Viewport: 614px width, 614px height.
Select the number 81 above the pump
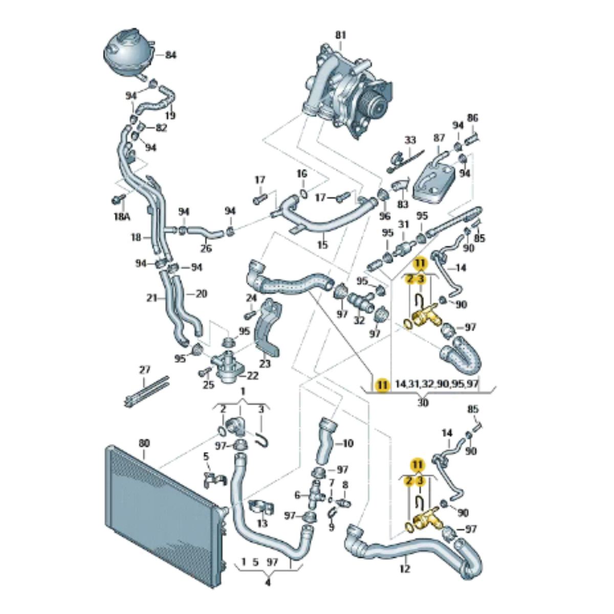coord(341,35)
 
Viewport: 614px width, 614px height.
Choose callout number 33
coord(411,140)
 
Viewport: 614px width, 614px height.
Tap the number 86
coord(473,118)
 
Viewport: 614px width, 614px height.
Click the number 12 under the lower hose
coord(405,568)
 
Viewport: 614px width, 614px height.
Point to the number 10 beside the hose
coord(347,443)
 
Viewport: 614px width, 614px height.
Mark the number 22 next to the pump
coord(253,376)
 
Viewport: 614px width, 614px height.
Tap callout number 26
coord(206,250)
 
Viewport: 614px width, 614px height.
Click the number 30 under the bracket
coord(423,403)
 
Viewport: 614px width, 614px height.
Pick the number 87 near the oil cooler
coord(439,138)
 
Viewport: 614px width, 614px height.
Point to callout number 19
coord(170,116)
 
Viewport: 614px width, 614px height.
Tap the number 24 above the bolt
coord(251,298)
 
